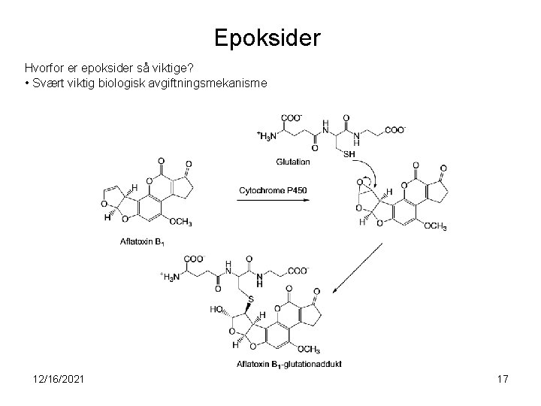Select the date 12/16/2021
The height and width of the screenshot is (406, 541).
[x=55, y=380]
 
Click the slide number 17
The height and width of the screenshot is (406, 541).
[x=502, y=380]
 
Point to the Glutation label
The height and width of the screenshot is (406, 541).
[x=292, y=162]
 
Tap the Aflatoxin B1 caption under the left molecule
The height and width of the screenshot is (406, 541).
[x=142, y=241]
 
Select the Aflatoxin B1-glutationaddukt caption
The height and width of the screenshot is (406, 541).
[x=289, y=365]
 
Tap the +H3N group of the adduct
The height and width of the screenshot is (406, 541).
[x=171, y=277]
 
